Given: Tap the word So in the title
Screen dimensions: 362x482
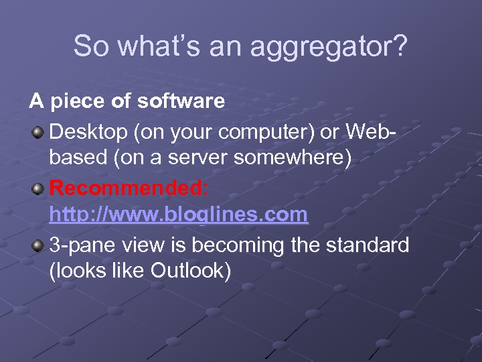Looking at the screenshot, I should (88, 46).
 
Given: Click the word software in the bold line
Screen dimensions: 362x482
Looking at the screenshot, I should (181, 102).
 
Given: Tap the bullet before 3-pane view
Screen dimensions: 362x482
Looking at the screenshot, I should (38, 245).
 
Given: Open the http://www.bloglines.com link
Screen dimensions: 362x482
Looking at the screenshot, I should (179, 215).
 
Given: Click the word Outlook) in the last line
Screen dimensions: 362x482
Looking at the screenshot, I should (191, 271).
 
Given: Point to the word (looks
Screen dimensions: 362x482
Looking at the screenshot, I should (76, 271).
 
